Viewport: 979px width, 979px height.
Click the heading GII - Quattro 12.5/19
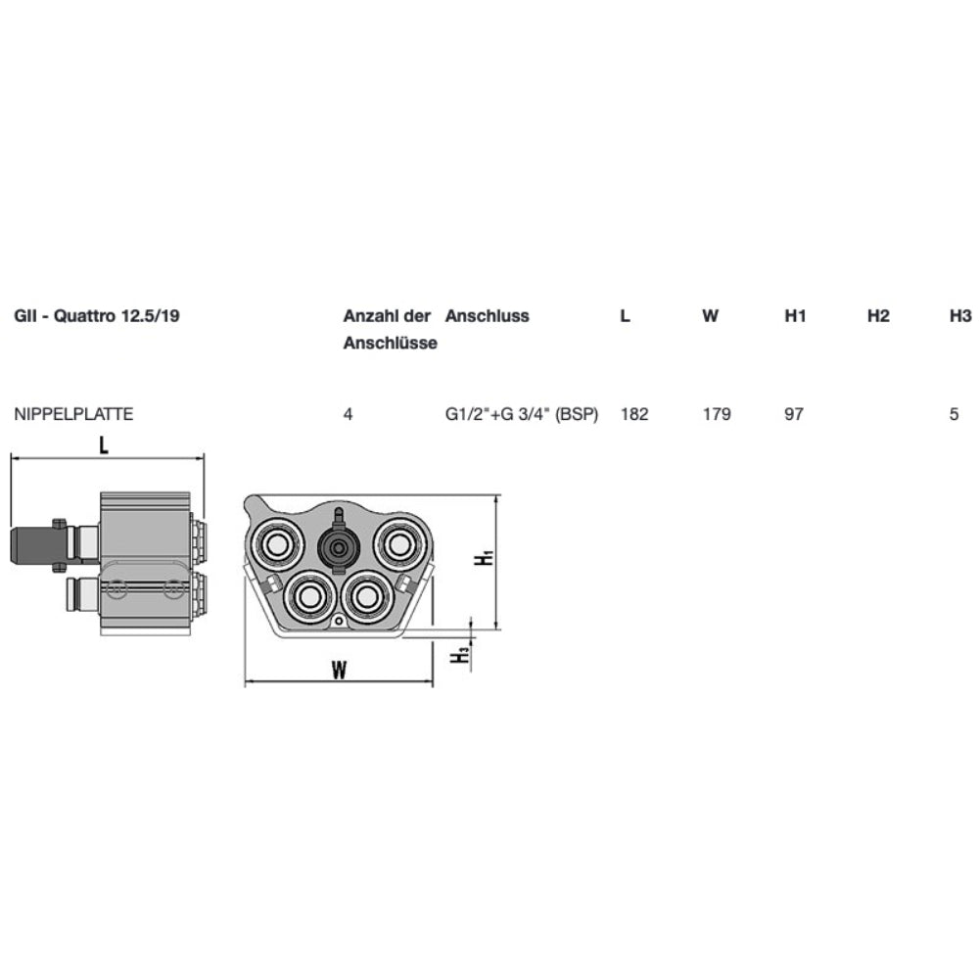pyautogui.click(x=97, y=316)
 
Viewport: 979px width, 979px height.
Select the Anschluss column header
pyautogui.click(x=487, y=316)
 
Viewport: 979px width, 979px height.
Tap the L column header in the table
pyautogui.click(x=625, y=316)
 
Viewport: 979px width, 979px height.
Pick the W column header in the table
pyautogui.click(x=710, y=316)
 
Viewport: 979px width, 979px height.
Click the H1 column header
pyautogui.click(x=795, y=316)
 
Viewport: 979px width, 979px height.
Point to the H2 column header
pyautogui.click(x=878, y=316)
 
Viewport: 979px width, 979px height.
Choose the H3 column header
pyautogui.click(x=961, y=316)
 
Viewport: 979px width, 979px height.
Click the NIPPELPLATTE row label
pyautogui.click(x=73, y=414)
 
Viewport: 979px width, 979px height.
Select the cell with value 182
pyautogui.click(x=634, y=414)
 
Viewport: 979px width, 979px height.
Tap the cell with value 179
pyautogui.click(x=717, y=414)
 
